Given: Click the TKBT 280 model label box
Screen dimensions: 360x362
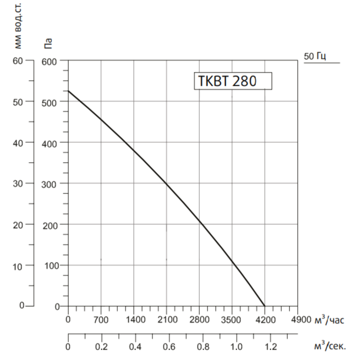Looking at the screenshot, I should pyautogui.click(x=233, y=80).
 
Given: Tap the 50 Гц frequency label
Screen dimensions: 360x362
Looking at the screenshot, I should pyautogui.click(x=314, y=56).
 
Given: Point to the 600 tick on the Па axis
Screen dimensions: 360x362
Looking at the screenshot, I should pyautogui.click(x=50, y=61).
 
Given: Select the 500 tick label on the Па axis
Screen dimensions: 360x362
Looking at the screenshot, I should pyautogui.click(x=50, y=102).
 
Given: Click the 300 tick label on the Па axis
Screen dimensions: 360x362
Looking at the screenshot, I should pyautogui.click(x=50, y=184).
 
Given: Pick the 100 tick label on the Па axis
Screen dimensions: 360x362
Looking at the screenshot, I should pyautogui.click(x=50, y=265).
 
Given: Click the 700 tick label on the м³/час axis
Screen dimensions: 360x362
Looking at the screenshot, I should pyautogui.click(x=101, y=319).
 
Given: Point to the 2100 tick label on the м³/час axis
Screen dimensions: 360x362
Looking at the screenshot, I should pyautogui.click(x=166, y=319).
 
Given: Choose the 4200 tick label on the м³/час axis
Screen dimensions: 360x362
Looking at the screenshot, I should pyautogui.click(x=265, y=319).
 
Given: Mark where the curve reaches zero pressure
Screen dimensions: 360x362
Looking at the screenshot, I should pyautogui.click(x=265, y=306).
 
